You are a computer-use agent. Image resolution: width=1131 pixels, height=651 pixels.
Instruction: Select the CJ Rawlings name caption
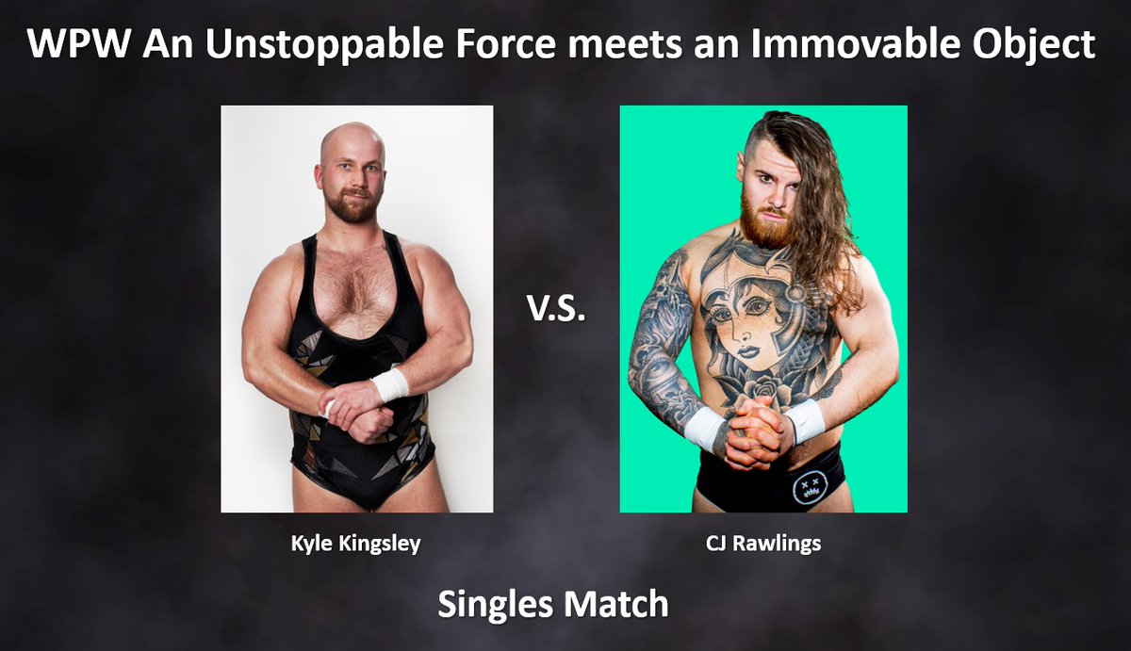click(762, 545)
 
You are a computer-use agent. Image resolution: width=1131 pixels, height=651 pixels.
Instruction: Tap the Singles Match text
click(552, 603)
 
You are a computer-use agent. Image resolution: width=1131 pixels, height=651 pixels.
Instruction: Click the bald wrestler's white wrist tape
click(390, 383)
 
